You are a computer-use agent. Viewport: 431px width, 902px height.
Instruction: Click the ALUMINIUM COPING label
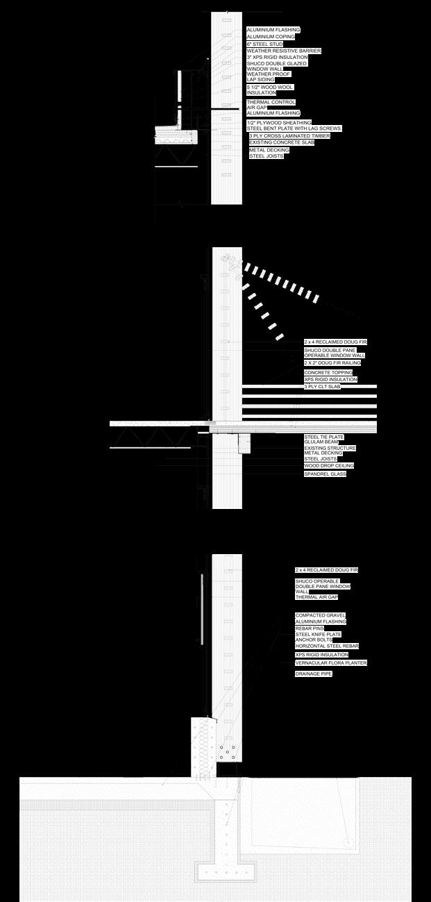[x=271, y=37]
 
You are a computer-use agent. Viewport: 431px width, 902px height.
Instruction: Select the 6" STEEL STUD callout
[x=264, y=44]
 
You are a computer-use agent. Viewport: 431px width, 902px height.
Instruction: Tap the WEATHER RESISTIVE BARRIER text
[x=284, y=51]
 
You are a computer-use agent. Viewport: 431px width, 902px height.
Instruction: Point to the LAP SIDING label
[x=260, y=80]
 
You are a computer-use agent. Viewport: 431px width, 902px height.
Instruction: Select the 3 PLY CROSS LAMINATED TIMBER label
[x=289, y=136]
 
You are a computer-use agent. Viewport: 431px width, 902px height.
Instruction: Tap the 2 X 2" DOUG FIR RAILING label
[x=332, y=363]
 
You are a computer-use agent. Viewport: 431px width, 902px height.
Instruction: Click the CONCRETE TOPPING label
[x=328, y=373]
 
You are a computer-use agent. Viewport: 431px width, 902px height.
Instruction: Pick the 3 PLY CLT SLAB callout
[x=322, y=387]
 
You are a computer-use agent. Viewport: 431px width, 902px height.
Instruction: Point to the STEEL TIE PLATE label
[x=323, y=437]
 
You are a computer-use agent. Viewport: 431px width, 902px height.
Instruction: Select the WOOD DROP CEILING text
[x=329, y=466]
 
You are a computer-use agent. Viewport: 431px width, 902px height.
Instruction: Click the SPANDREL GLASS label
[x=325, y=474]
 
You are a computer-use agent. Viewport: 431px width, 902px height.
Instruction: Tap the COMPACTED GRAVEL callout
[x=321, y=615]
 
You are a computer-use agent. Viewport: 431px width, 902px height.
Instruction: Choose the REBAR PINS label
[x=310, y=628]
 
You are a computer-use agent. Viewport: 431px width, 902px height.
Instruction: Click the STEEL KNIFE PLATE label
[x=319, y=634]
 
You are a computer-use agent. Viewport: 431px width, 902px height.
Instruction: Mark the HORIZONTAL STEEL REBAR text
[x=327, y=646]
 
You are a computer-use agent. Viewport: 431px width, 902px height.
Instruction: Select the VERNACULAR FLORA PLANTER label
[x=331, y=663]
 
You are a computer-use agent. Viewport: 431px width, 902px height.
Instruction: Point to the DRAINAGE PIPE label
[x=313, y=674]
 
